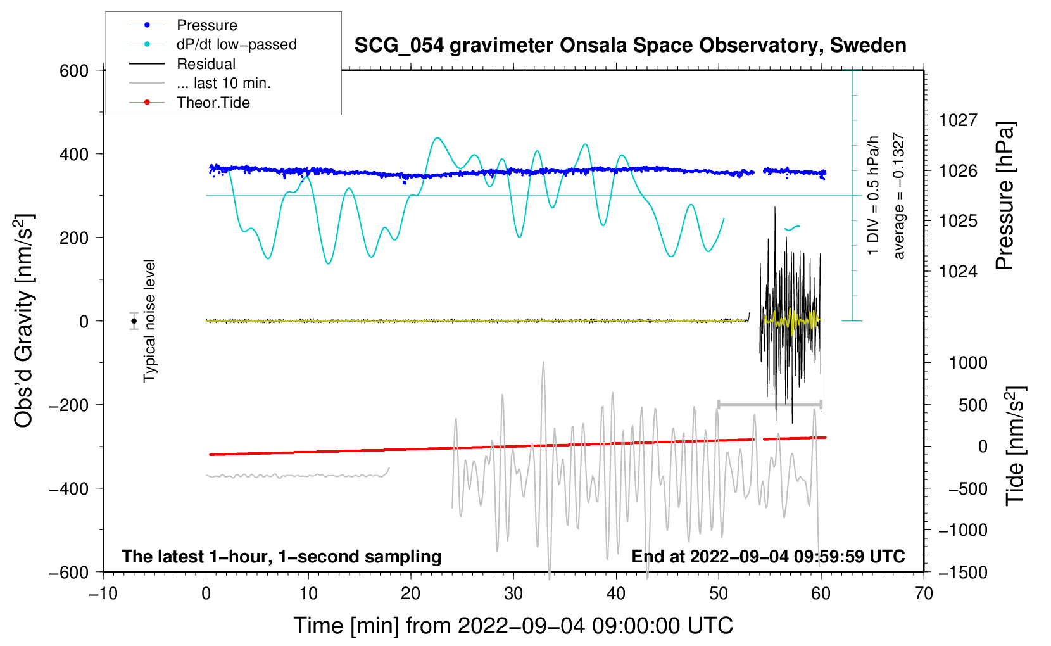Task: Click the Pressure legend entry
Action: [206, 25]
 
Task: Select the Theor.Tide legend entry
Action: [213, 103]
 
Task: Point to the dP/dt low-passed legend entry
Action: [236, 44]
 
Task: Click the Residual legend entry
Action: [206, 64]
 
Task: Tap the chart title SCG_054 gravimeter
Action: [630, 46]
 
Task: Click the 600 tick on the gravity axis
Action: [74, 71]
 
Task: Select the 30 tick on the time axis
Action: [513, 593]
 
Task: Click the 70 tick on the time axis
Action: [924, 593]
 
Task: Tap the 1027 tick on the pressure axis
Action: [958, 120]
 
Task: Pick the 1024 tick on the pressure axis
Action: [958, 272]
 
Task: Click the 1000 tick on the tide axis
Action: [968, 363]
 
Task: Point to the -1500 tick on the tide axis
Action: [963, 572]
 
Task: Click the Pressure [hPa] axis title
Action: [1005, 196]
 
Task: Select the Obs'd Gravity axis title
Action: [24, 321]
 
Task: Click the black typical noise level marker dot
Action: [134, 321]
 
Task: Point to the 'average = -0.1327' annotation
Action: [899, 196]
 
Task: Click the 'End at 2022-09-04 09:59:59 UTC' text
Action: [768, 557]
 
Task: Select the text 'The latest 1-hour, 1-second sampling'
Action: [281, 557]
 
